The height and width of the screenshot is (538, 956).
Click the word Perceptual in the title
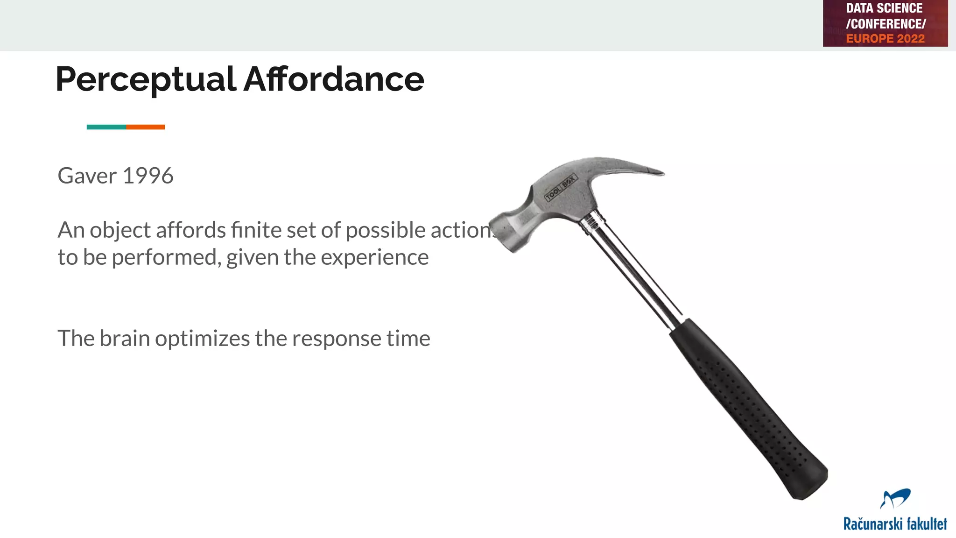(x=146, y=79)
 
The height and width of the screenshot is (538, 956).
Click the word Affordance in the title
(x=334, y=79)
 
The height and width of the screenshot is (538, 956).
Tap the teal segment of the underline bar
(x=106, y=127)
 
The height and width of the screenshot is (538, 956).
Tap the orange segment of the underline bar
(x=145, y=127)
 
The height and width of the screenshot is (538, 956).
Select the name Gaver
(x=87, y=176)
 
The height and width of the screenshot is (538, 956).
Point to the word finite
(x=255, y=230)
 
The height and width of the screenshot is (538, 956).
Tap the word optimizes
(x=202, y=339)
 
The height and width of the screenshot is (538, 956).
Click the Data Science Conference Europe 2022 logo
(x=885, y=23)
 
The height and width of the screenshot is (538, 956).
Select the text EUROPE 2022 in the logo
(x=885, y=39)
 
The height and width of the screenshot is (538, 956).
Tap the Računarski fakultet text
(x=895, y=524)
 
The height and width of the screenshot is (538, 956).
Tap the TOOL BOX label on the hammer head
(x=561, y=188)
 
